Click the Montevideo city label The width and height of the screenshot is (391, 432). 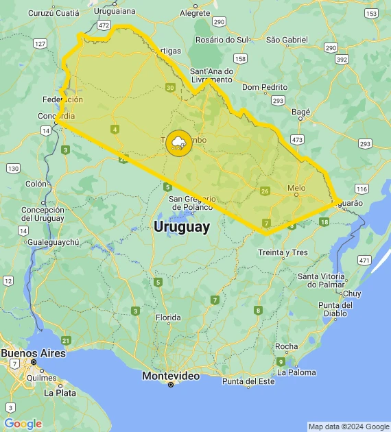point(171,376)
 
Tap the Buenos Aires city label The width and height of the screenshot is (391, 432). point(33,353)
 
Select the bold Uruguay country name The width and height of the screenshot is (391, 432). point(182,227)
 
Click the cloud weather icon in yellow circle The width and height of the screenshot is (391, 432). point(179,143)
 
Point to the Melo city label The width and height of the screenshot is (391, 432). point(296,187)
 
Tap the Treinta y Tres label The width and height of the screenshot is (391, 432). point(282,252)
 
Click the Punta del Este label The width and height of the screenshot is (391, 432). point(248,381)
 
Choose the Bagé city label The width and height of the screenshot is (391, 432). point(301,111)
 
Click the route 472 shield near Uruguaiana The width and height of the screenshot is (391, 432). point(104,25)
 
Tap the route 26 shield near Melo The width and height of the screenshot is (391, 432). point(265,191)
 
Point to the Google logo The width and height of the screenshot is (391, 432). point(23,424)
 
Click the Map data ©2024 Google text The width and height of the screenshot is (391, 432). point(348,427)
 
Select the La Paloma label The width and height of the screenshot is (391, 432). point(297,372)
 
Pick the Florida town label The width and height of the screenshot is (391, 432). point(167,317)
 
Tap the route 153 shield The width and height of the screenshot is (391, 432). point(371,14)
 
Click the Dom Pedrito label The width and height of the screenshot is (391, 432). point(264,87)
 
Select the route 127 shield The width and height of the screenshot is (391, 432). point(40,44)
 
